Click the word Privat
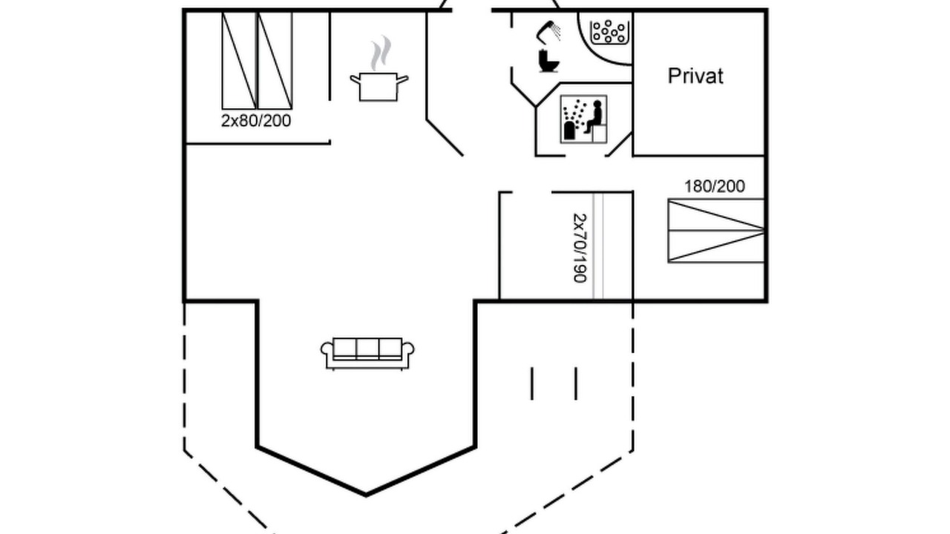coord(695,76)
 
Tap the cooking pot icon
coord(379,87)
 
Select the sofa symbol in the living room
coord(367,354)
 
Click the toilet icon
coord(548,61)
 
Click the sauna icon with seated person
coord(583,119)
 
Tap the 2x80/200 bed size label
coord(256,121)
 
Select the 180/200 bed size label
coord(715,186)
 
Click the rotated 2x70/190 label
coord(580,248)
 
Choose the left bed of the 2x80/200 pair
coord(239,61)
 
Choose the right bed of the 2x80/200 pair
coord(275,61)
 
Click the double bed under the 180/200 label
coord(716,231)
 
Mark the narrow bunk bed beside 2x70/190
coord(598,246)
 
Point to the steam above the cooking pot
coord(381,53)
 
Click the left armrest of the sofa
coord(327,355)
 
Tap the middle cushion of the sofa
coord(367,349)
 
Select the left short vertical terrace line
coord(532,383)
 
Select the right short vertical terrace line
coord(576,383)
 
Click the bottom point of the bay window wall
coord(366,495)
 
